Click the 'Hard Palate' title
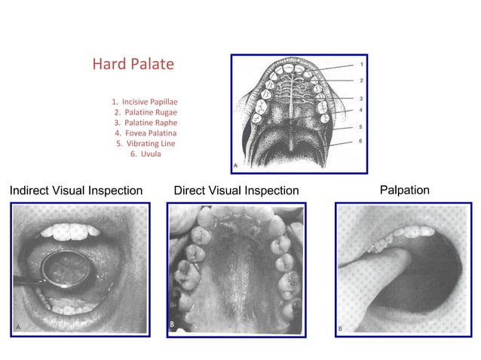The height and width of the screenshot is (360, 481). click(x=133, y=64)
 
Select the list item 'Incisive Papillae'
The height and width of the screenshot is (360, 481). click(x=145, y=101)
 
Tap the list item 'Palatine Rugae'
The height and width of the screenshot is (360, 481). click(x=146, y=111)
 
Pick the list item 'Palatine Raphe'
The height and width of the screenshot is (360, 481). click(x=146, y=122)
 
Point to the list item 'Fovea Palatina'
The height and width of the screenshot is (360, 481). click(x=146, y=133)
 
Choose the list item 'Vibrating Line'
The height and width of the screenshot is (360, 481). click(x=146, y=143)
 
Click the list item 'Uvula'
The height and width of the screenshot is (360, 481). click(x=145, y=154)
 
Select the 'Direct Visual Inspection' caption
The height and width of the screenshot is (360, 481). click(x=236, y=191)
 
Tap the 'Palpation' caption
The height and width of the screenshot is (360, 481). click(x=405, y=190)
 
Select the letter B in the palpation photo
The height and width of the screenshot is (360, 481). click(x=342, y=329)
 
